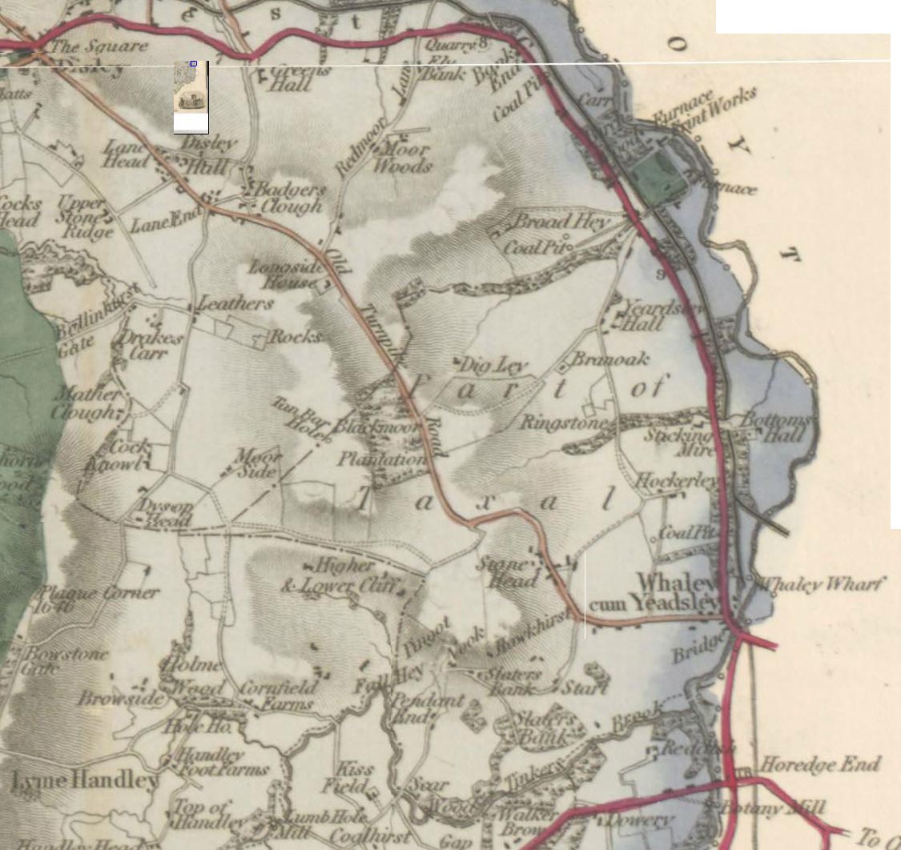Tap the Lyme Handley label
click(x=85, y=780)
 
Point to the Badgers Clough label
click(x=288, y=198)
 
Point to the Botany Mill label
click(x=773, y=808)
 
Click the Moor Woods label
click(x=403, y=158)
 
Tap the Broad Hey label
click(x=561, y=221)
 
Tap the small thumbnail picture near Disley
click(x=191, y=97)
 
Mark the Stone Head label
click(x=503, y=571)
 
